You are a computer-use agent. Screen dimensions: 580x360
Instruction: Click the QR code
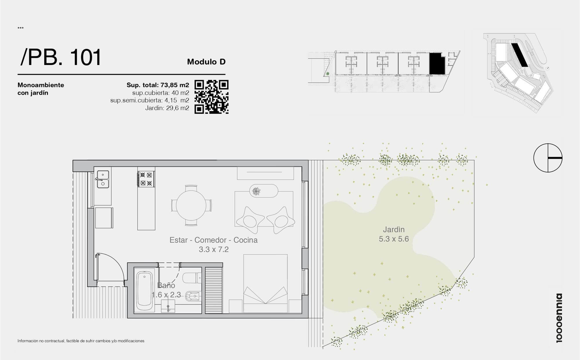(211, 97)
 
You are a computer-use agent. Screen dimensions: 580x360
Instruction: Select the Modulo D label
(206, 62)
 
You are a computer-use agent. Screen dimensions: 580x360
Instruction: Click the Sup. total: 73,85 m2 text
(158, 85)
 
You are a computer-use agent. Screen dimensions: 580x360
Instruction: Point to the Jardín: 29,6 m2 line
(167, 108)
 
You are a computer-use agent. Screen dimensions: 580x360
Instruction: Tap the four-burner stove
(146, 179)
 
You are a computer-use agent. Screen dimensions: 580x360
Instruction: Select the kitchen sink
(103, 179)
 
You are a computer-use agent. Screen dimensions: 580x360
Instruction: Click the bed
(265, 284)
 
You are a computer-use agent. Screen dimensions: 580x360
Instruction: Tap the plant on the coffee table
(256, 191)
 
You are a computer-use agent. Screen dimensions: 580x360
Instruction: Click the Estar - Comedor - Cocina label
(213, 240)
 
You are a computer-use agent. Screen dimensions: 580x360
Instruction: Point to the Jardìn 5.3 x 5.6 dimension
(394, 234)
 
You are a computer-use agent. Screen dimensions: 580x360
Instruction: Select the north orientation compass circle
(548, 158)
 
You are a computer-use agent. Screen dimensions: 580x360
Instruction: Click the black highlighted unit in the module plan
(437, 63)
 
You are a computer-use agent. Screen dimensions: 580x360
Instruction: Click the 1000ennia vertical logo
(559, 318)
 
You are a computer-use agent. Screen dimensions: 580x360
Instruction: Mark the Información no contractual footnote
(81, 341)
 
